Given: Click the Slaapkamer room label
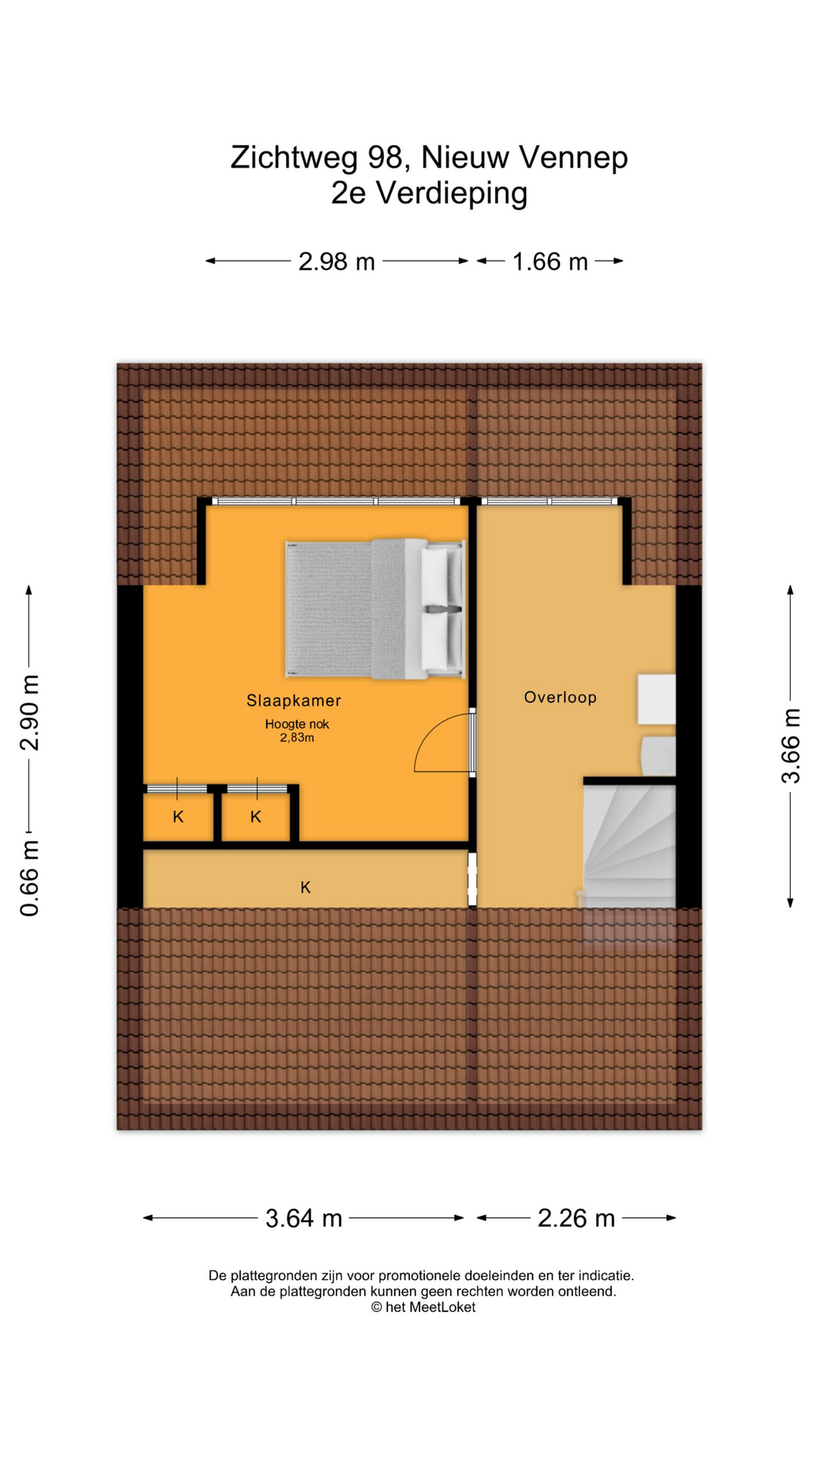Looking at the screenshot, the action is (x=293, y=701).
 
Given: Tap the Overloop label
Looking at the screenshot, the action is (x=560, y=697).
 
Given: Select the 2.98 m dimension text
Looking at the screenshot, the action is (x=337, y=261).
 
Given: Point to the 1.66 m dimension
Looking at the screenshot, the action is (x=551, y=261).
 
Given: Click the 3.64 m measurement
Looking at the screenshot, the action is (x=304, y=1218).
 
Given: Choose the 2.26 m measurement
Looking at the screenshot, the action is (x=576, y=1218).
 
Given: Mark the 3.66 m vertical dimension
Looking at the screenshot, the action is (x=790, y=746).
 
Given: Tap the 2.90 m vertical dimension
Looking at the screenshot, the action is (x=30, y=713).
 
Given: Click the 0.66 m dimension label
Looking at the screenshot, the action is (x=30, y=879).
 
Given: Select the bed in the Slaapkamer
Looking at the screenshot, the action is (x=375, y=609).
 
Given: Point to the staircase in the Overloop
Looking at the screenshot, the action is (x=629, y=846).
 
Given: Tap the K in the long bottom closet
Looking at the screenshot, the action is (x=306, y=887).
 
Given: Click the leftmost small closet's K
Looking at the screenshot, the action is (x=178, y=817).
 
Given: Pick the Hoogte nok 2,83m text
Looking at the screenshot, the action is (x=297, y=731).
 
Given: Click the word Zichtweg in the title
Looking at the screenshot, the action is (x=295, y=158).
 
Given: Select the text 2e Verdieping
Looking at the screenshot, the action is (x=429, y=193).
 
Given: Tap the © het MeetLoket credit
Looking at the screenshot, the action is (x=423, y=1307).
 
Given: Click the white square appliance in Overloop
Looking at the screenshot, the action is (x=656, y=699).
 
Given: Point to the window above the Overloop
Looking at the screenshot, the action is (x=549, y=501).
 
